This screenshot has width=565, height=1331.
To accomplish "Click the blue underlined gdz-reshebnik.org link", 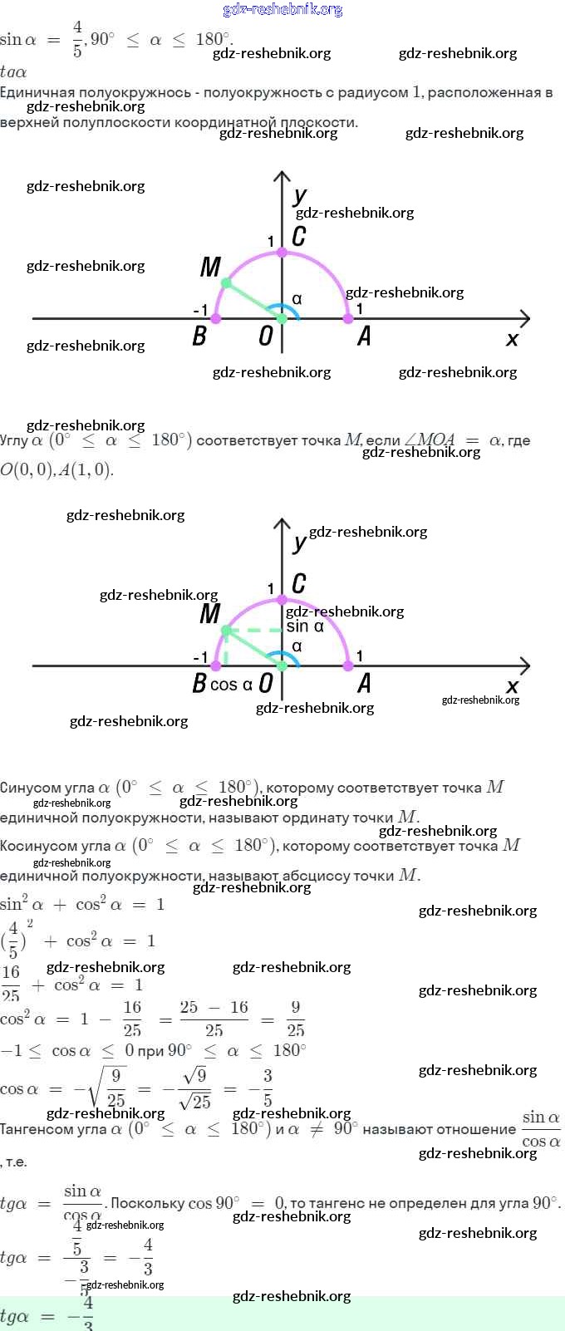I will point(282,10).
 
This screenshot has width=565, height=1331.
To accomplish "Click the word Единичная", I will point(37,92).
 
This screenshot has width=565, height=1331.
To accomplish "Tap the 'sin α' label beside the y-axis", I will point(305,626).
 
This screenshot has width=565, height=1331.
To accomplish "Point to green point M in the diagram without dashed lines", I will point(225,283).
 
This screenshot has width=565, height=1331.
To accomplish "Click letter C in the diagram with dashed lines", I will point(299,583).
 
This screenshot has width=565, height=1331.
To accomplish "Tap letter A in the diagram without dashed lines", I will point(364,336).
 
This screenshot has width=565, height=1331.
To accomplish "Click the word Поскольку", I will point(147,1202).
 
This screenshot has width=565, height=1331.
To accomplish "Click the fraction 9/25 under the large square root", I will point(115,1088).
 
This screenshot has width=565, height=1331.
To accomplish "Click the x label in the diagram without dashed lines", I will point(512,339).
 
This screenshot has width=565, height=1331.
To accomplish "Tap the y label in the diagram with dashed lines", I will point(300,543).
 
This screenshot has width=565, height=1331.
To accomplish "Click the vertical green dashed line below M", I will point(226,649).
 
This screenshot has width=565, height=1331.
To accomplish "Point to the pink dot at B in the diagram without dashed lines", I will point(216,318).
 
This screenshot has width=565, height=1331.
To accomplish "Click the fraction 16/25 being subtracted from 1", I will point(132,1019).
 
